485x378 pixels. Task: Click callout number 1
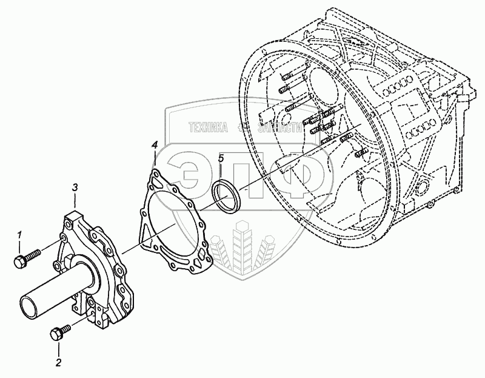[19, 235]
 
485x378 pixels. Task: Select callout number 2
[58, 363]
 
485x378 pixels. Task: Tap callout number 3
[75, 187]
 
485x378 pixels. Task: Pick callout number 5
[221, 158]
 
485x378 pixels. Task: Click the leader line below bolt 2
[59, 348]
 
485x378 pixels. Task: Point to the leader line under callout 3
[75, 201]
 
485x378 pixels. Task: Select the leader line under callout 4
[155, 160]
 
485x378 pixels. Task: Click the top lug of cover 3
[76, 215]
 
